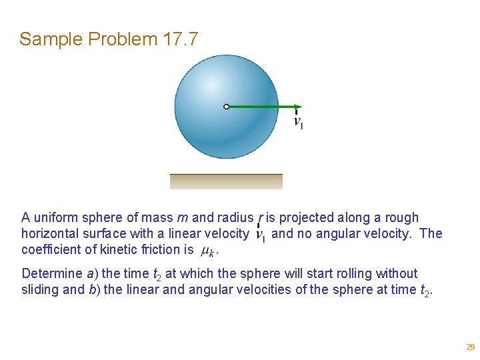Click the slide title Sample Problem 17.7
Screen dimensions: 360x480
[x=109, y=39]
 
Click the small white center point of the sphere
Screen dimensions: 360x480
[x=227, y=106]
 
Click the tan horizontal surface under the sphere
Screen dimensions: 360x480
[x=226, y=181]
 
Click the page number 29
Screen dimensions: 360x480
[x=470, y=347]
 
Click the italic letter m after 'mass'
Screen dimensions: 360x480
[x=182, y=217]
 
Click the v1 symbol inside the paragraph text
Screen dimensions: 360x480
[x=261, y=235]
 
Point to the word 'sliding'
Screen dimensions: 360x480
[x=42, y=289]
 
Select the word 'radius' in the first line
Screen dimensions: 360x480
[x=234, y=217]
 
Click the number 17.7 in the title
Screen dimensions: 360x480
[x=180, y=39]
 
